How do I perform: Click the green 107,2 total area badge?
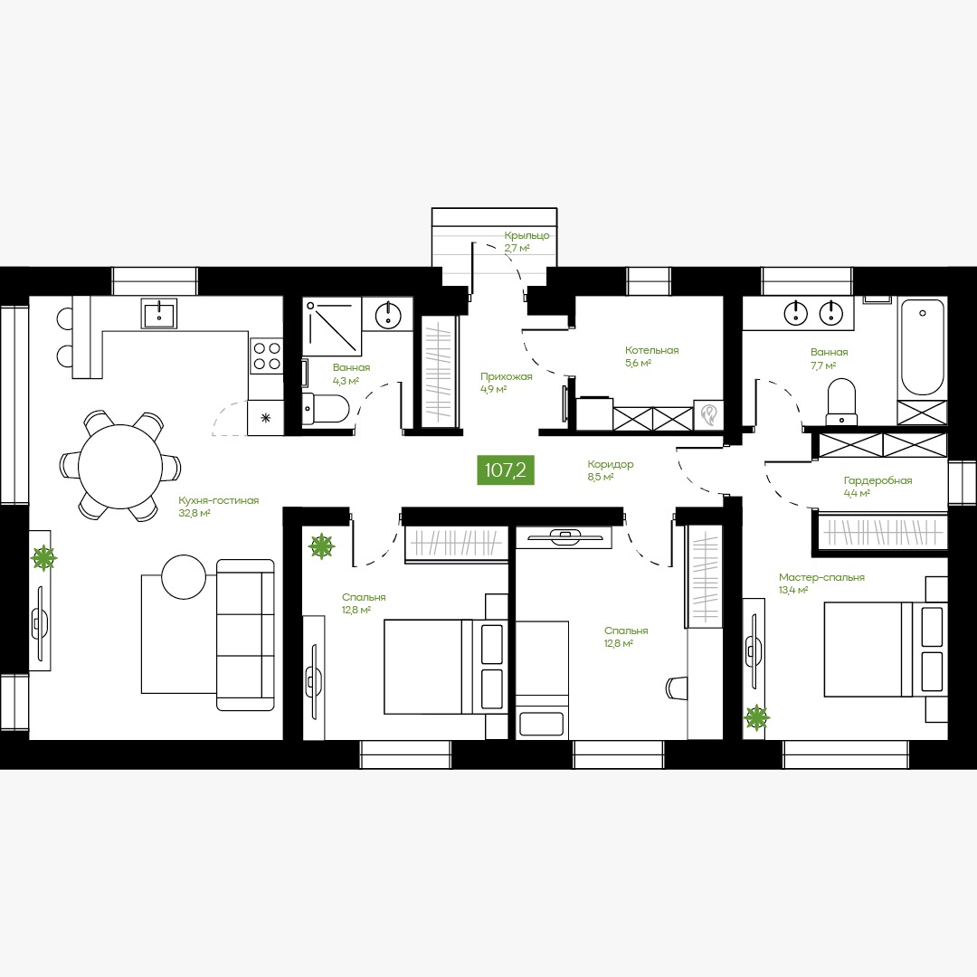click(x=506, y=470)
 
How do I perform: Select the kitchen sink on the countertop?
click(x=159, y=313)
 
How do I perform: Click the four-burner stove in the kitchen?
click(x=266, y=356)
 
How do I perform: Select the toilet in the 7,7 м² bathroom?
click(x=841, y=402)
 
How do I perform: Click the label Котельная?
click(x=651, y=350)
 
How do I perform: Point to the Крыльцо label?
click(x=527, y=235)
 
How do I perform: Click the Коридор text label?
click(x=611, y=464)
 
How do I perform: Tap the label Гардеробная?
click(x=877, y=481)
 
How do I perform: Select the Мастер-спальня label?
click(x=821, y=577)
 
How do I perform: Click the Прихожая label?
click(x=507, y=376)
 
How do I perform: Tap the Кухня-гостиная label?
click(x=219, y=500)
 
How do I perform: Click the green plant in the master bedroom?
click(x=756, y=717)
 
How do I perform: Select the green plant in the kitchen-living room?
click(x=44, y=557)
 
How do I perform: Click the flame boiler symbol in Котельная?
click(x=709, y=414)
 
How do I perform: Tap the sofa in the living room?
click(x=245, y=634)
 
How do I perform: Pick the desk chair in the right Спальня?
click(x=676, y=688)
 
